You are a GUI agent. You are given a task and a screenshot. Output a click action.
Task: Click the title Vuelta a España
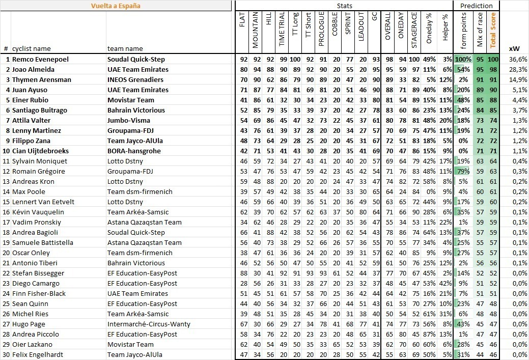(x=116, y=6)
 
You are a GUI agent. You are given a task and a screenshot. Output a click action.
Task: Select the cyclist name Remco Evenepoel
(x=40, y=59)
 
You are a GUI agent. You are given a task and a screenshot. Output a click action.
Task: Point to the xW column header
(x=514, y=49)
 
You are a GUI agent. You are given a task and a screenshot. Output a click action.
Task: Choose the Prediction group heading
(x=476, y=6)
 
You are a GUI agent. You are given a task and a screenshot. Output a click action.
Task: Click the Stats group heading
(x=344, y=6)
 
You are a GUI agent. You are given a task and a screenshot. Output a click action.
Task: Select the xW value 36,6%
(x=518, y=59)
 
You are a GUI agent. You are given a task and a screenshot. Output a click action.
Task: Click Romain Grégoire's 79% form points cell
(x=463, y=171)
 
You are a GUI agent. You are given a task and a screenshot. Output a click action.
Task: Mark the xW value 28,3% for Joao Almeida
(x=518, y=69)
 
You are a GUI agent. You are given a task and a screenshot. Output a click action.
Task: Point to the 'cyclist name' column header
(x=31, y=49)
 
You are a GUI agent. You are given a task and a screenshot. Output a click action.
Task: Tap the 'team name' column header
(x=125, y=49)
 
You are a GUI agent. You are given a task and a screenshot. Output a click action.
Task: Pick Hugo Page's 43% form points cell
(x=463, y=324)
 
